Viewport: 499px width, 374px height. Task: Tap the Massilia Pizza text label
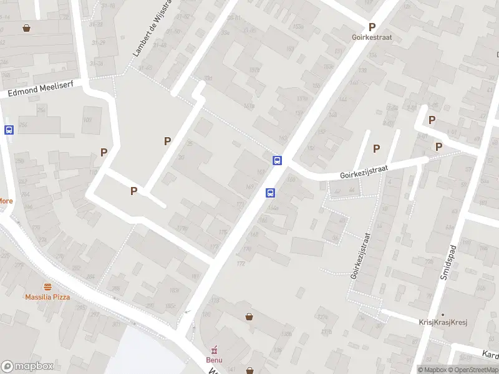47,297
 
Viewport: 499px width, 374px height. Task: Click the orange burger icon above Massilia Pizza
47,286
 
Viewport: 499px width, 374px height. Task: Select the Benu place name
214,360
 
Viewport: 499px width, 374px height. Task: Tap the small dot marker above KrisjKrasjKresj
443,314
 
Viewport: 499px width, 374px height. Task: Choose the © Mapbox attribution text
432,370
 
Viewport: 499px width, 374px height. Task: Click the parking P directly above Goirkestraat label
372,27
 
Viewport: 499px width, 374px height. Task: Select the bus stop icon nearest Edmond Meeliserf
9,130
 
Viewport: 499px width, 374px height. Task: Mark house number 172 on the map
240,263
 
